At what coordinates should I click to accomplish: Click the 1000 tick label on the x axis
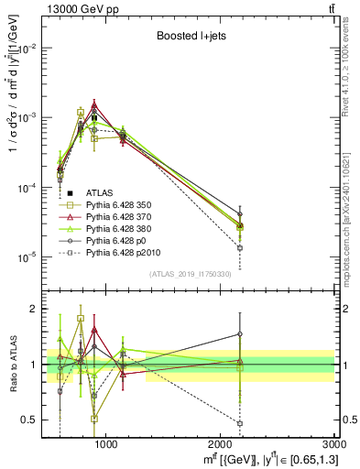coord(105,444)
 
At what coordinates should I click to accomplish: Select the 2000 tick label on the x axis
coord(221,444)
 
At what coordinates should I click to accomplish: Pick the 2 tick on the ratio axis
coord(39,309)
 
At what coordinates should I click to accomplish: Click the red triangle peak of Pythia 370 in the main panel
coord(93,104)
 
